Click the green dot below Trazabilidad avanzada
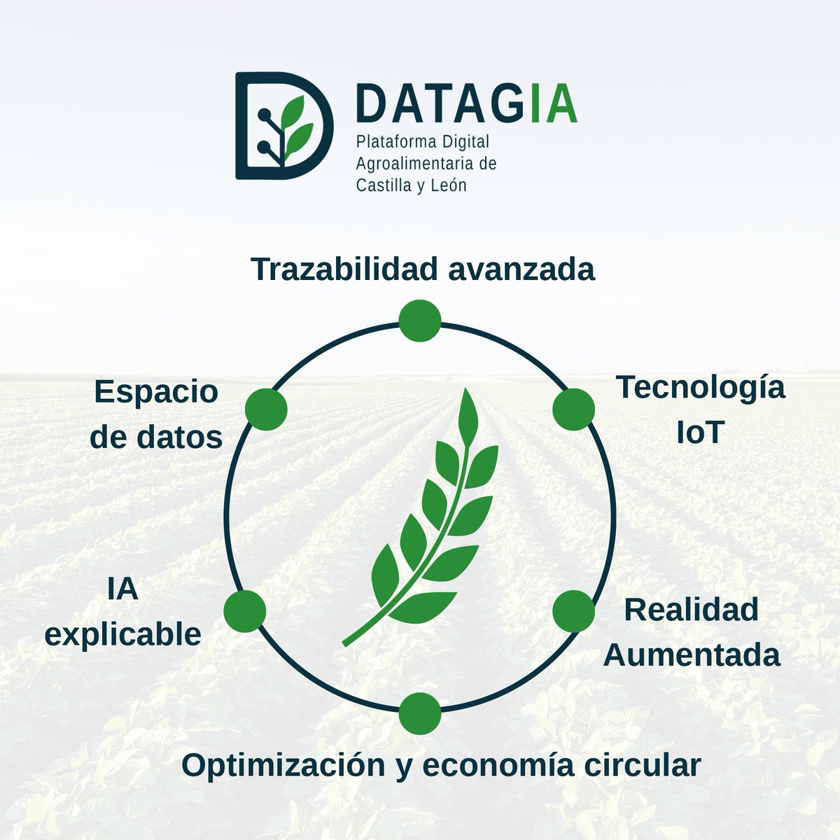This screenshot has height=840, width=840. point(419,321)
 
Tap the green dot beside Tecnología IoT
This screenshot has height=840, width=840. point(574,409)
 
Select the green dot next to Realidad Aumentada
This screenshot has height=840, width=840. point(574,610)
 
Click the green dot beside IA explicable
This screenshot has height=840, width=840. point(245,610)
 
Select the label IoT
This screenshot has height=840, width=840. point(699,434)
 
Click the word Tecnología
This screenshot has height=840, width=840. point(700,388)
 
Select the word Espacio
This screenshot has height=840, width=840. point(156,392)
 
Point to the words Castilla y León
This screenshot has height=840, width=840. point(411,186)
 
